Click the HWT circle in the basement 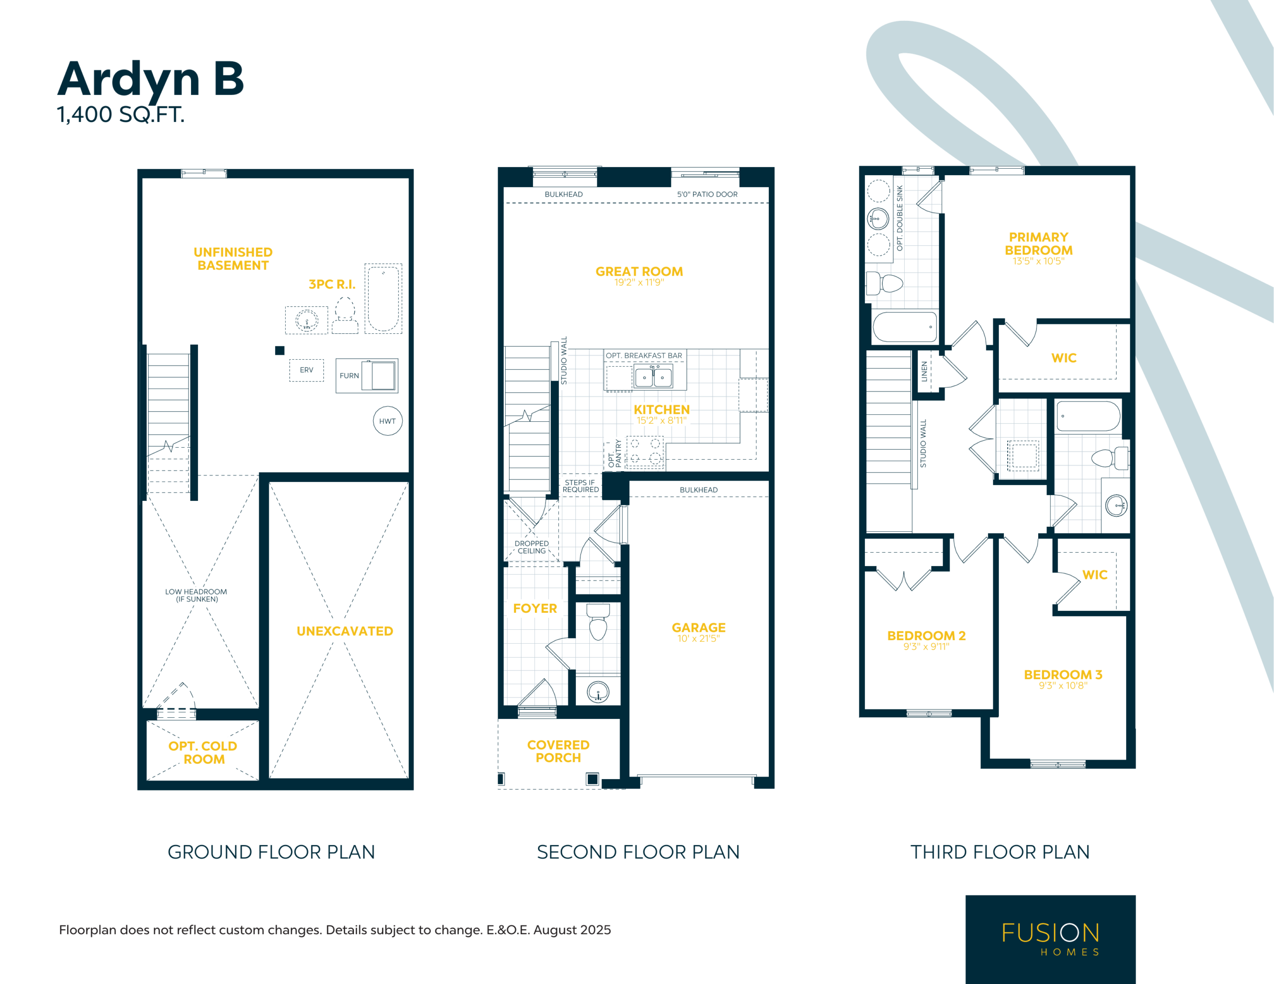(x=388, y=420)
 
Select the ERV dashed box (x=306, y=370)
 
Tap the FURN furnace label (x=349, y=376)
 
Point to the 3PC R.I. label (x=332, y=284)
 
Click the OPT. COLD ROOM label (x=203, y=753)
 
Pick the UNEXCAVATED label (x=345, y=631)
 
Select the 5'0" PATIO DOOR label (x=707, y=194)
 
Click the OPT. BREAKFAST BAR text (x=643, y=355)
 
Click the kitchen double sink (x=653, y=377)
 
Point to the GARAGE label (x=698, y=628)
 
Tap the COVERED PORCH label (x=558, y=751)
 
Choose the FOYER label (x=535, y=608)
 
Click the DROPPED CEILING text (x=531, y=547)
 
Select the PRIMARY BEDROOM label (x=1038, y=244)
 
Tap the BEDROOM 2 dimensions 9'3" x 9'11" (x=926, y=647)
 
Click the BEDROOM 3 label (x=1063, y=675)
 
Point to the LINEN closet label (x=924, y=372)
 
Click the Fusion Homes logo (x=1050, y=939)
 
